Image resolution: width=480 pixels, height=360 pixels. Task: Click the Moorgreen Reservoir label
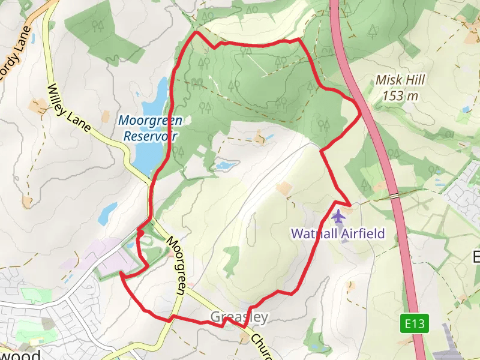coord(150,128)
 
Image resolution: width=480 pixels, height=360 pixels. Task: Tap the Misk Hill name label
coord(400,80)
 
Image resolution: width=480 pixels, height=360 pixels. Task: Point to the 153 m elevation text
coord(400,95)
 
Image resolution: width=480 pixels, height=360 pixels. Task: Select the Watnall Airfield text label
coord(338,234)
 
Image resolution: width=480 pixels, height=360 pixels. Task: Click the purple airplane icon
coord(338,215)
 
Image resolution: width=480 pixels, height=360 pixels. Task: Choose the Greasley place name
coord(239,317)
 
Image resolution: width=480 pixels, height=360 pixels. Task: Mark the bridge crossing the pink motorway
coord(394,196)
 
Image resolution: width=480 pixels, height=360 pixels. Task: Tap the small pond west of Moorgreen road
coord(109,211)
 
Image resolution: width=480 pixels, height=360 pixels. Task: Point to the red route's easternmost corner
coord(360,112)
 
